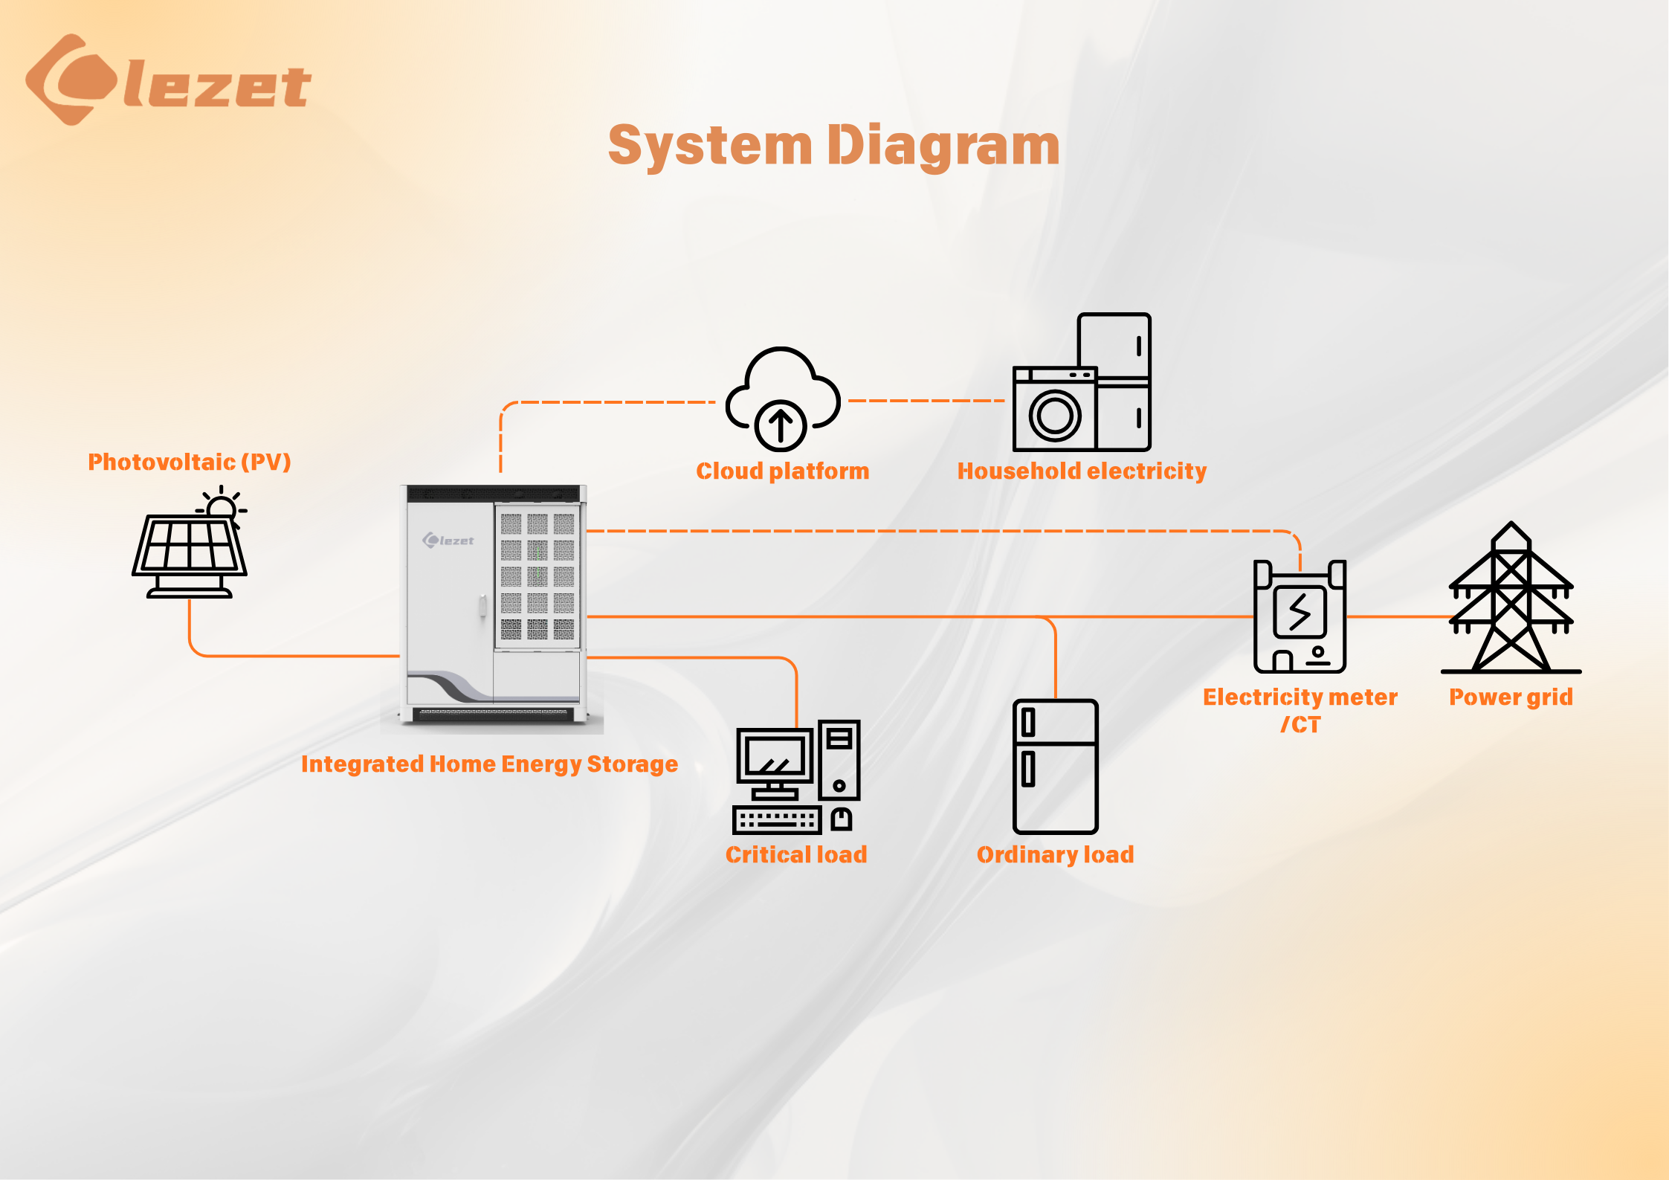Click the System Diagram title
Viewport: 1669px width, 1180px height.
pyautogui.click(x=834, y=146)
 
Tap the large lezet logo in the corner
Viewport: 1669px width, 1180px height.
pyautogui.click(x=168, y=80)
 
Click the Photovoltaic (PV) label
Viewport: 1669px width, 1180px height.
pyautogui.click(x=190, y=462)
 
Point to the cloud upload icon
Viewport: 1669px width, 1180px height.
pyautogui.click(x=783, y=399)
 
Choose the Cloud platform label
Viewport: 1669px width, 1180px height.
pyautogui.click(x=783, y=471)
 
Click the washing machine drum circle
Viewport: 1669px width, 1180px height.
pyautogui.click(x=1055, y=415)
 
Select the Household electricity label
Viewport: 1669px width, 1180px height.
pyautogui.click(x=1082, y=471)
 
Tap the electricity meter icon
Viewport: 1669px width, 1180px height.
pyautogui.click(x=1300, y=616)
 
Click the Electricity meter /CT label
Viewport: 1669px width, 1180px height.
pyautogui.click(x=1300, y=710)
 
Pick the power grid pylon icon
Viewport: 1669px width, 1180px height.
pyautogui.click(x=1511, y=598)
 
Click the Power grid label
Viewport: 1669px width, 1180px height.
pyautogui.click(x=1511, y=697)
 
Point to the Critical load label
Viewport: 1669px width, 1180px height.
pyautogui.click(x=796, y=854)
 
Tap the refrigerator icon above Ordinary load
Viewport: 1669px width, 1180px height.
pyautogui.click(x=1056, y=766)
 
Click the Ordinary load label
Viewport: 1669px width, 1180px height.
pyautogui.click(x=1056, y=855)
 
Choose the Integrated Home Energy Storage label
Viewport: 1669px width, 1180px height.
pyautogui.click(x=489, y=764)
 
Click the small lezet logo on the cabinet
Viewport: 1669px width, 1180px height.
pyautogui.click(x=448, y=541)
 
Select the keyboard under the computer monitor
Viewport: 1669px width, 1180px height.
pyautogui.click(x=777, y=820)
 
